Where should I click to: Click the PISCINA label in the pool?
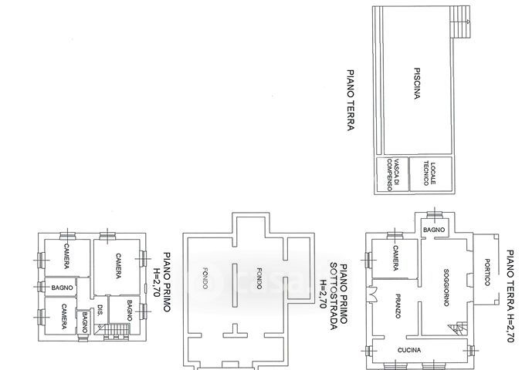(417, 83)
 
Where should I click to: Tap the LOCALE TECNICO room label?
(429, 174)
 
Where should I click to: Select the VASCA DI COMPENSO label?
(393, 174)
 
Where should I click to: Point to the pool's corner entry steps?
(460, 22)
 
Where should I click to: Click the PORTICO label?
(487, 272)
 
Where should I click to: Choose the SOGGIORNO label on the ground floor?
(446, 287)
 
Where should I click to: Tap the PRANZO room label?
(398, 306)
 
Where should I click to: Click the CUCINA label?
(409, 350)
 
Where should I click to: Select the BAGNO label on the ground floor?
(434, 230)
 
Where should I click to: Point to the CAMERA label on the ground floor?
(395, 258)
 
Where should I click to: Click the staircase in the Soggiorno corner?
(458, 328)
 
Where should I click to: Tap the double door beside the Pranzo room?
(371, 294)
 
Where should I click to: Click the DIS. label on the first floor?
(100, 310)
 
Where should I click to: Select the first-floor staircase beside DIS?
(112, 331)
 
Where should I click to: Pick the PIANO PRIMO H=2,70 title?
(161, 282)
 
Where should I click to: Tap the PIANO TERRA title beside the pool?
(351, 100)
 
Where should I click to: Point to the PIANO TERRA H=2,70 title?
(510, 296)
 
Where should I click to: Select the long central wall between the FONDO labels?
(235, 285)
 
